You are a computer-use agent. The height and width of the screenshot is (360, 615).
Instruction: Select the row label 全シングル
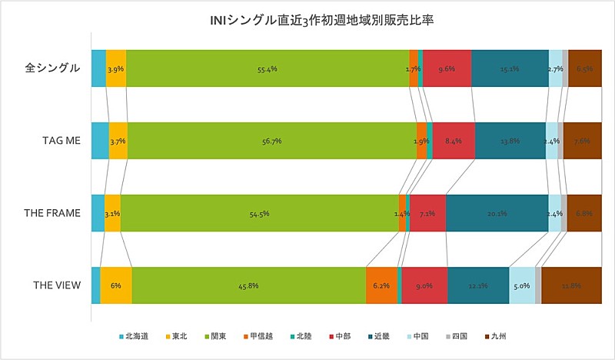tap(53, 68)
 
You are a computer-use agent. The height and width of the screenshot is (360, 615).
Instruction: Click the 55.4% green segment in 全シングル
tap(268, 68)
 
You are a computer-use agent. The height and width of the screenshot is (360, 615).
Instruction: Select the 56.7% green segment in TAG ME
tap(271, 141)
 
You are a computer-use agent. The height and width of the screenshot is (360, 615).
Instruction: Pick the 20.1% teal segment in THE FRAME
tap(497, 213)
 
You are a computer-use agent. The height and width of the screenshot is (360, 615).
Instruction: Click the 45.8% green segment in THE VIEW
tap(248, 285)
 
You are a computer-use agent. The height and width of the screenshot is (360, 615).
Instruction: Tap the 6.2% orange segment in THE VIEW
tap(381, 285)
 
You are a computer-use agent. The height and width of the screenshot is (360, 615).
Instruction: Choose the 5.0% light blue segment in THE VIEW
tap(522, 285)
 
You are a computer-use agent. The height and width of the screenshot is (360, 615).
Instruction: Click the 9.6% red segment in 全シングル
tap(447, 68)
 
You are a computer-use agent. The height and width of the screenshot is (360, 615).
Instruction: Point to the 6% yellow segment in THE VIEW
tap(115, 285)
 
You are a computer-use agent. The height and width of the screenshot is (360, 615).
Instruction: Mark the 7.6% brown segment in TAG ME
tap(582, 141)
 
